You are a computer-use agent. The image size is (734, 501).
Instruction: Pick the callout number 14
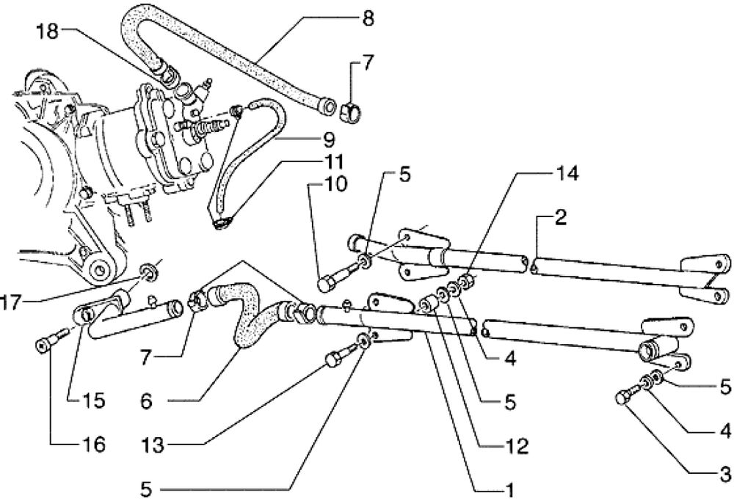568,174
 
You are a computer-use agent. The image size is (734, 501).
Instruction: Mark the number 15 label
94,401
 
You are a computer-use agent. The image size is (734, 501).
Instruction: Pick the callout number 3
725,472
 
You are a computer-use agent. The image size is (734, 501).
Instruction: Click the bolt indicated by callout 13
335,359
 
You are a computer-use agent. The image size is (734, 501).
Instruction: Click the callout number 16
93,445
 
